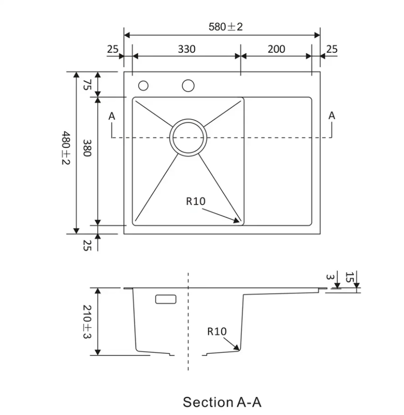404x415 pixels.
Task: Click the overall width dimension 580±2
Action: click(226, 27)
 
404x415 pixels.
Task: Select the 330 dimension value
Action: click(187, 49)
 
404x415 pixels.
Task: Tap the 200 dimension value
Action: click(276, 49)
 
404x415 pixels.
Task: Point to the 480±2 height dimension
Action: click(66, 148)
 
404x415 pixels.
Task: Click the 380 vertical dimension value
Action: click(87, 148)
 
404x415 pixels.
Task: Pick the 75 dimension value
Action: click(87, 85)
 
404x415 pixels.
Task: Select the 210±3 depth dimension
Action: click(87, 321)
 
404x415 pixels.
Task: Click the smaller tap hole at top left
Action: click(143, 86)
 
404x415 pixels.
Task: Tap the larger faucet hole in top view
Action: click(188, 86)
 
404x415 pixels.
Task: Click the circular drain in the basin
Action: click(188, 137)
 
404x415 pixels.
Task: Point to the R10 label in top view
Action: click(196, 201)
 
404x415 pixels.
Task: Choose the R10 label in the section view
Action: click(217, 331)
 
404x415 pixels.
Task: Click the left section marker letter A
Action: click(112, 116)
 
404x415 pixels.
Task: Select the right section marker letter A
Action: click(332, 116)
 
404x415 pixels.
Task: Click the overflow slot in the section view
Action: click(166, 299)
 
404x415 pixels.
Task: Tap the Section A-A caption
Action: click(222, 402)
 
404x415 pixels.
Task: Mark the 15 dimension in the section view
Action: click(350, 277)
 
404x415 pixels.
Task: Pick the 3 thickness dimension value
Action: click(330, 277)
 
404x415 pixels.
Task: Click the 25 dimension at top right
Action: click(332, 49)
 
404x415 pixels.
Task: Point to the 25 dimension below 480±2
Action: click(87, 245)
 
